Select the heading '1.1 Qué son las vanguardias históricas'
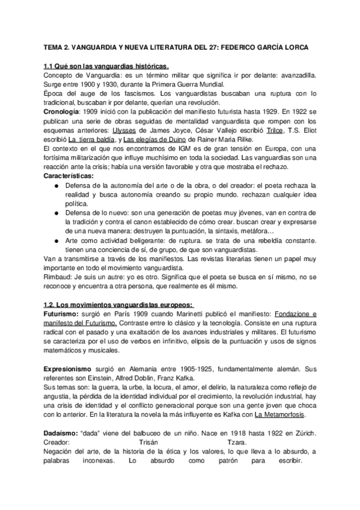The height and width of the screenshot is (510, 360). [107, 66]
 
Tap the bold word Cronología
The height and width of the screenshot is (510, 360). [62, 112]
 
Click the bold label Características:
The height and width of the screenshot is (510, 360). [69, 176]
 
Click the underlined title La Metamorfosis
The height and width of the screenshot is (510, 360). [280, 415]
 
